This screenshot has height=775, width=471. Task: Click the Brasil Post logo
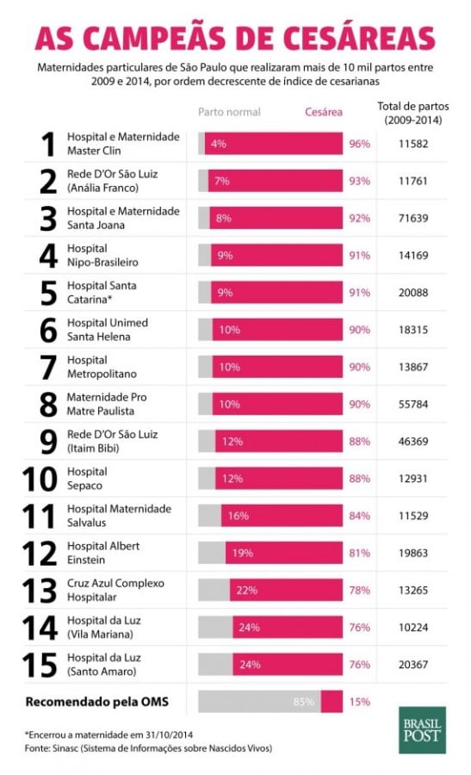point(422,729)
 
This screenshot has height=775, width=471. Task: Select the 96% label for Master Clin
point(359,144)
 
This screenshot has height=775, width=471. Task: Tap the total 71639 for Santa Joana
point(413,219)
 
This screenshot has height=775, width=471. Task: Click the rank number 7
point(48,367)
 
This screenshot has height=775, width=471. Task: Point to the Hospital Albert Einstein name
point(103,553)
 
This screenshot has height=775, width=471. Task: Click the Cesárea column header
point(324,112)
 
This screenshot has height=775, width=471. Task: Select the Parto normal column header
point(229,112)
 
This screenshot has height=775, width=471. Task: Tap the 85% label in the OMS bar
point(303,702)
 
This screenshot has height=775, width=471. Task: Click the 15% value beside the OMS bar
point(359,702)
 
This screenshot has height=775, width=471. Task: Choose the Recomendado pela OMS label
point(96,702)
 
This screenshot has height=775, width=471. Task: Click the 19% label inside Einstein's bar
point(242,553)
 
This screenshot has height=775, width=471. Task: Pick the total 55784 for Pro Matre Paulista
point(413,405)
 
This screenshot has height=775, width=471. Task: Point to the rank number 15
point(40,665)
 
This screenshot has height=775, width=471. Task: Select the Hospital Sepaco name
point(87,479)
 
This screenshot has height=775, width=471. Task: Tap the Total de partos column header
point(413,113)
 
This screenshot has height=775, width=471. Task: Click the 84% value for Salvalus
point(359,516)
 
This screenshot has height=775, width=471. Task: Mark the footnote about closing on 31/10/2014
point(108,735)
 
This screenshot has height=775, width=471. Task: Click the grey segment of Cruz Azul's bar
point(214,590)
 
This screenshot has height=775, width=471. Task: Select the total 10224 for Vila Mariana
point(413,628)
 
